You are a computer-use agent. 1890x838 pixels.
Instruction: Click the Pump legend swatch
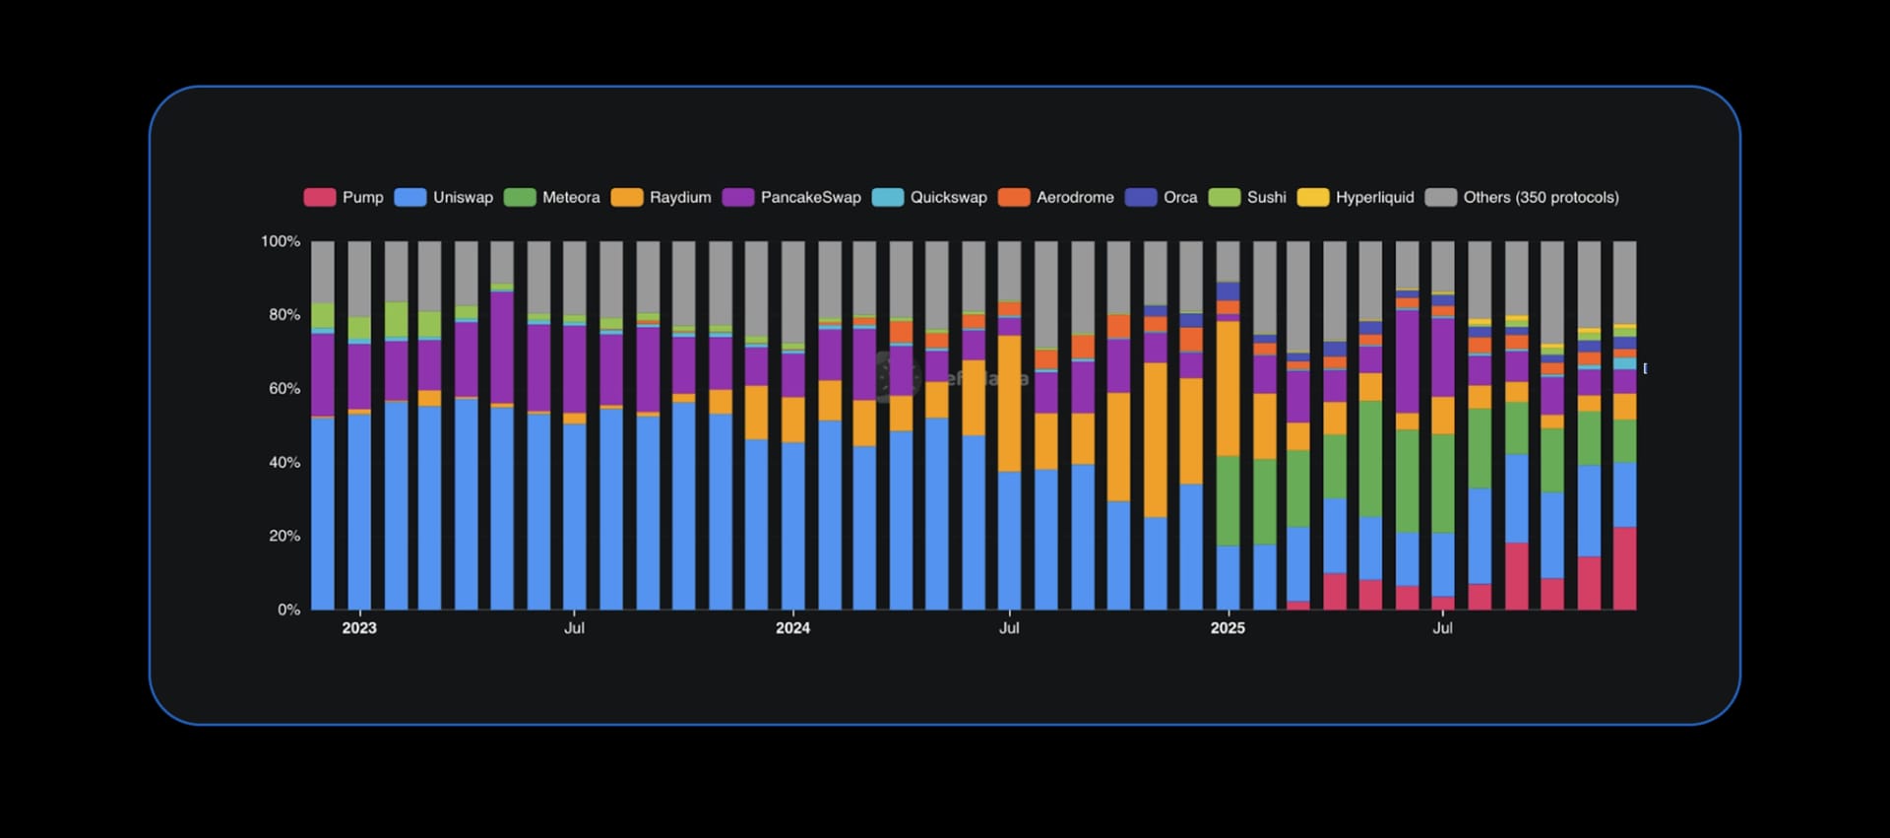pos(320,198)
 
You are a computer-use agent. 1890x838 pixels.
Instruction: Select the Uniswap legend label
pos(463,198)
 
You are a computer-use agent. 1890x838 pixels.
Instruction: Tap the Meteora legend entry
pos(570,198)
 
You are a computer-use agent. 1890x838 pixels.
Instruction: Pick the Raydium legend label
pos(679,198)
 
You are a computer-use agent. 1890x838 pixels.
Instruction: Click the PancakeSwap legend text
pos(810,198)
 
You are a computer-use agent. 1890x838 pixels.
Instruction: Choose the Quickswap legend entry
pos(948,198)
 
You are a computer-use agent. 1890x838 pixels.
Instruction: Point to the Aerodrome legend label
pos(1075,198)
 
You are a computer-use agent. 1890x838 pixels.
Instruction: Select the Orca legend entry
pos(1179,198)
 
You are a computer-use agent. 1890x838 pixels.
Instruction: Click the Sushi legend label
pos(1266,198)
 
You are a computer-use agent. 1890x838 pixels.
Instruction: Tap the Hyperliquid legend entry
pos(1374,198)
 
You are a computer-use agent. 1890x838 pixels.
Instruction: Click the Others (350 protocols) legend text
pos(1541,198)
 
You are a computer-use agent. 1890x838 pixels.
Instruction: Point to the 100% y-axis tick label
pos(280,241)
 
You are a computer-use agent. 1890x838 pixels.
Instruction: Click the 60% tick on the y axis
pos(284,389)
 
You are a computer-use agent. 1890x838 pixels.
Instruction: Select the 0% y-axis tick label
pos(288,610)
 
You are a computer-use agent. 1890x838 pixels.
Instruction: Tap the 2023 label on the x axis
pos(359,628)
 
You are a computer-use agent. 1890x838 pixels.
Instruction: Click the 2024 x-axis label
pos(792,628)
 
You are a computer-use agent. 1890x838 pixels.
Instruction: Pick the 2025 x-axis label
pos(1228,628)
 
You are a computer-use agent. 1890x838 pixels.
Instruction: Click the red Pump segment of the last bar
pos(1624,569)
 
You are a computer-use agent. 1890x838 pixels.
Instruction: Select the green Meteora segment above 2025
pos(1228,500)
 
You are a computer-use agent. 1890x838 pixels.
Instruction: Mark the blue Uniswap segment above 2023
pos(359,512)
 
